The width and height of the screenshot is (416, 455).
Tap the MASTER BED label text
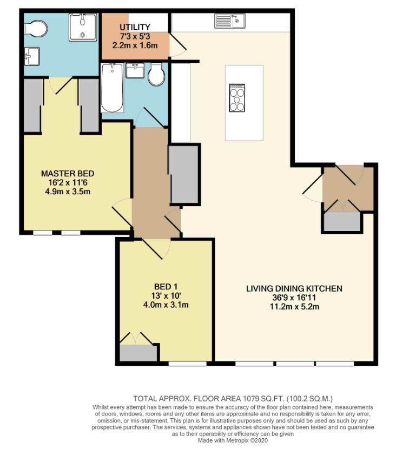click(68, 174)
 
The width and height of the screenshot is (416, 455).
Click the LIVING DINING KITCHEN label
click(294, 289)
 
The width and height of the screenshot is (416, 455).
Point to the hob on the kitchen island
click(237, 97)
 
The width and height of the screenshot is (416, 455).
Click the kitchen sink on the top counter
click(230, 21)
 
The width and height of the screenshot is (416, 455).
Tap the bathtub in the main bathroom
click(113, 87)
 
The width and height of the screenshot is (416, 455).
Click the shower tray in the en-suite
click(83, 27)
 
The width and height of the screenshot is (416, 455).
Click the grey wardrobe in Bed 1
click(138, 353)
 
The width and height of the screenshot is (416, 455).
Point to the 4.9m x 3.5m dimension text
click(68, 191)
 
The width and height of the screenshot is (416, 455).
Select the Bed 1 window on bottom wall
click(187, 364)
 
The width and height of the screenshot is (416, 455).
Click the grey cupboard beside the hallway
click(184, 174)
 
